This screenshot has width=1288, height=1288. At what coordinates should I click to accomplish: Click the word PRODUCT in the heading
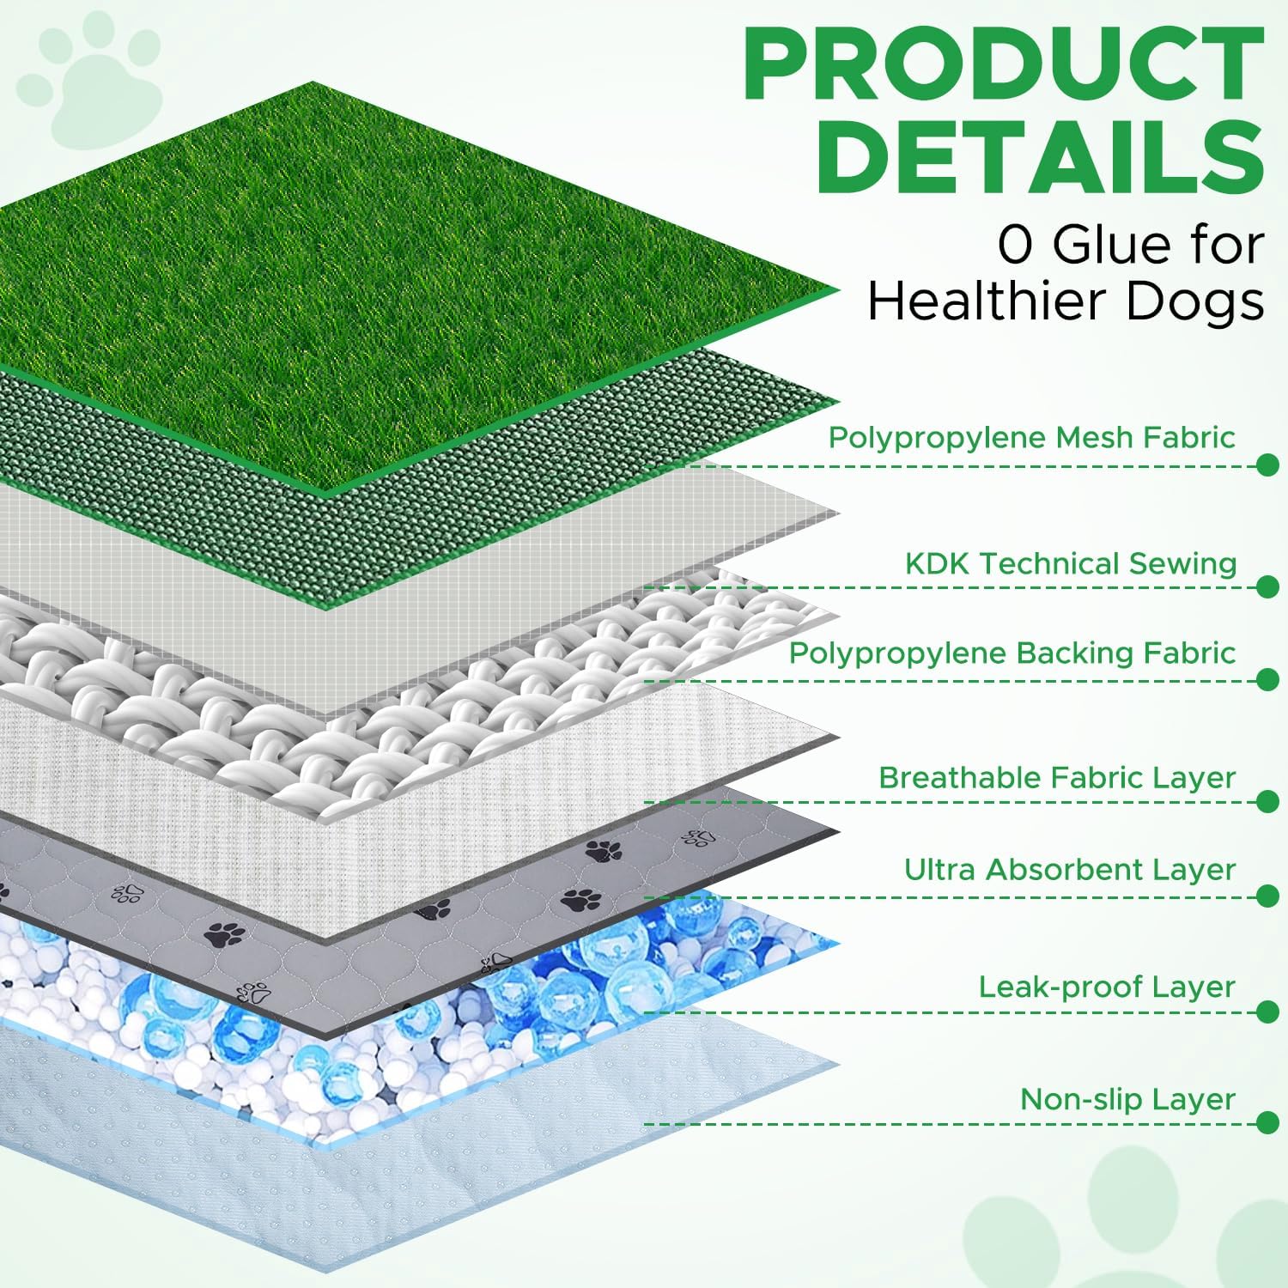[1003, 65]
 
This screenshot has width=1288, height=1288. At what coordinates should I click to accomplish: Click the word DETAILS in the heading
[1040, 158]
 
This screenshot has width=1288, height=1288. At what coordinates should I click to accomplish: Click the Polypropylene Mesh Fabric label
[1031, 437]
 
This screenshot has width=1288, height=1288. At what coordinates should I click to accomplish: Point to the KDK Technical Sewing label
[1071, 563]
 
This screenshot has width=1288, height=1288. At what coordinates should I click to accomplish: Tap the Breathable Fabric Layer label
[1057, 777]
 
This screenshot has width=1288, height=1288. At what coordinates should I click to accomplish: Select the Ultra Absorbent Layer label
[1070, 869]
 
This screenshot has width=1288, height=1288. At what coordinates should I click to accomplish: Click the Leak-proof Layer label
[1107, 987]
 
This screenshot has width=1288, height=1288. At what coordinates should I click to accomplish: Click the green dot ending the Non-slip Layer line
[1267, 1123]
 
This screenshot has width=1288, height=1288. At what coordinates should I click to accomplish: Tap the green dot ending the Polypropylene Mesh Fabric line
[1267, 465]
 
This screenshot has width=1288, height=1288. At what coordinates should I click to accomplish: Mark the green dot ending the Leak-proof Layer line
[1267, 1012]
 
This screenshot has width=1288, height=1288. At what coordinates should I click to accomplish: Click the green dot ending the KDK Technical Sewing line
[1267, 587]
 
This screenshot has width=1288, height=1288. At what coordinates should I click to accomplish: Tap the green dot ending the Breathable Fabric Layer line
[1267, 802]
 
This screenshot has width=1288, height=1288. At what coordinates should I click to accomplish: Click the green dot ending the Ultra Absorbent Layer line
[1267, 896]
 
